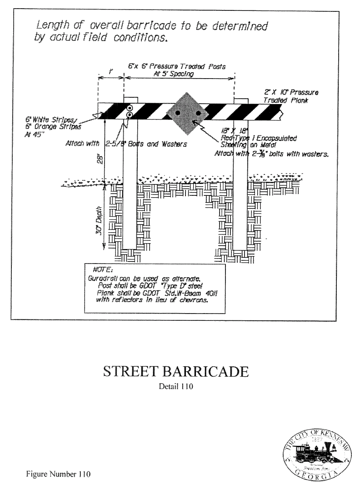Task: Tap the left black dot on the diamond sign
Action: coord(178,112)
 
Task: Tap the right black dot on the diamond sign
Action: coord(198,112)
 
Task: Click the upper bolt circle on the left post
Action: coord(130,108)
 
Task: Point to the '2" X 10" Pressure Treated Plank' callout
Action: coord(290,96)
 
